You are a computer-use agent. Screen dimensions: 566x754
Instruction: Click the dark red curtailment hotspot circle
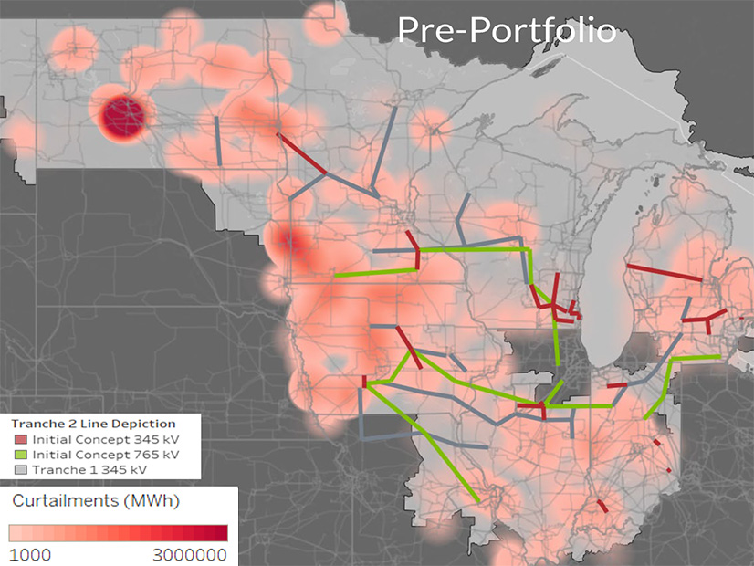click(122, 117)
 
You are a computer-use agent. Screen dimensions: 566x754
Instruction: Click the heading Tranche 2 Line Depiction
click(92, 424)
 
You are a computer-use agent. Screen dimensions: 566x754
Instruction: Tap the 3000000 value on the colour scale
click(188, 554)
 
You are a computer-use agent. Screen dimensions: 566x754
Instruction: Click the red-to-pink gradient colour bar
click(118, 533)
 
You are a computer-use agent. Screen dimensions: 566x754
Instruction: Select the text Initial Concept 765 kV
click(105, 454)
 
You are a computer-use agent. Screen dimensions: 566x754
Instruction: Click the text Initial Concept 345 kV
click(105, 439)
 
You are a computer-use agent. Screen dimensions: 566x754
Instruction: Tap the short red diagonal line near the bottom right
click(602, 505)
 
